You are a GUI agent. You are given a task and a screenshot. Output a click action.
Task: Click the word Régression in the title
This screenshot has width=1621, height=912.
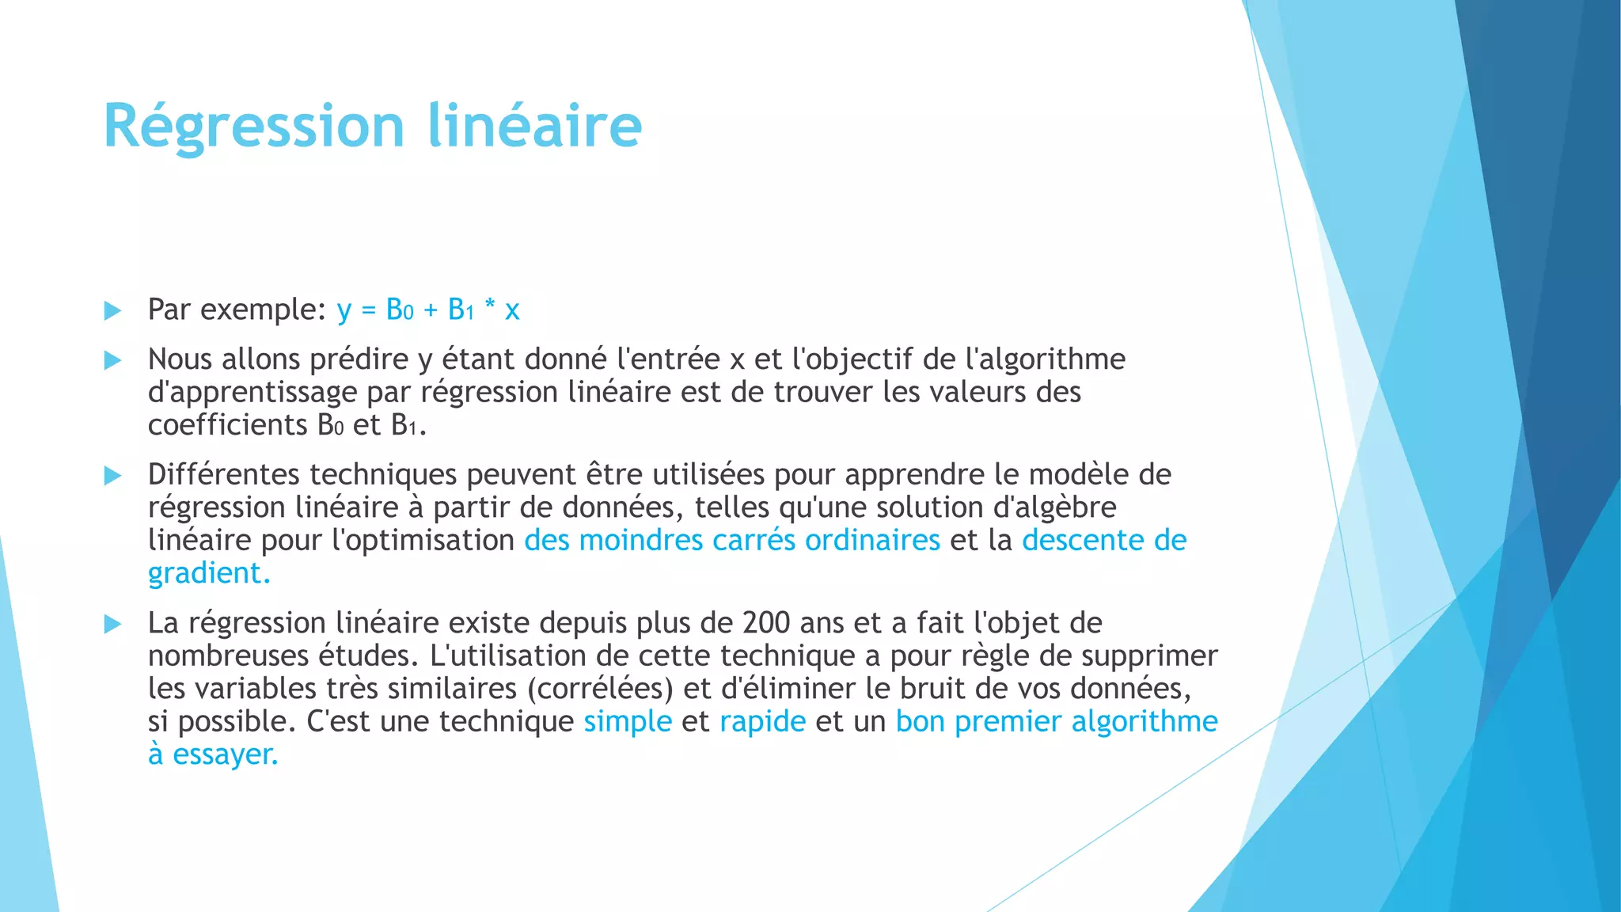point(254,127)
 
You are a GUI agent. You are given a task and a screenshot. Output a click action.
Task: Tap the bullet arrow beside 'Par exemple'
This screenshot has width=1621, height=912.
point(112,310)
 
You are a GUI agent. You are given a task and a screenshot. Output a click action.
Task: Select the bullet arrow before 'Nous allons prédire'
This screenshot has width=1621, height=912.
point(112,361)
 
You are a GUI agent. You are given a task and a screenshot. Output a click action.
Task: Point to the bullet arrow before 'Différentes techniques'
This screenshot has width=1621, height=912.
point(112,476)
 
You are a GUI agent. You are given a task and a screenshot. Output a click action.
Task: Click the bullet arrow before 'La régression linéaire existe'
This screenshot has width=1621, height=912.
point(112,625)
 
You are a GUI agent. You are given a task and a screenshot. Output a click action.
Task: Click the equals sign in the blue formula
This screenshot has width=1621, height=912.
point(368,310)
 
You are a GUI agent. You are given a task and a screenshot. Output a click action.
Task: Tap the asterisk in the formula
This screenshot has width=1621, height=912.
point(490,307)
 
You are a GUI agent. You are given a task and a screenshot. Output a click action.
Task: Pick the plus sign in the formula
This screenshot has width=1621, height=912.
point(431,310)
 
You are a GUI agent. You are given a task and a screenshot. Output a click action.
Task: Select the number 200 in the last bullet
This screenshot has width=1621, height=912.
point(766,623)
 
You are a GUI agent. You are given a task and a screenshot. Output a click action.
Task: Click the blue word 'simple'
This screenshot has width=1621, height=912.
point(628,721)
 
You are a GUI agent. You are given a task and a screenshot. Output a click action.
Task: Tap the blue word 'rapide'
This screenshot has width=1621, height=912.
point(762,721)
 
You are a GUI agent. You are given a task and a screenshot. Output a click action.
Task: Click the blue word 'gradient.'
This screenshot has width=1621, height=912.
point(209,573)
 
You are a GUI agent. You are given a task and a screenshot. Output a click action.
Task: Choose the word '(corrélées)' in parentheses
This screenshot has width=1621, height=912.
point(600,688)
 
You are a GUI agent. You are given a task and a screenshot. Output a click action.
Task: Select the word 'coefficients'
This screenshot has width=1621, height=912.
point(227,425)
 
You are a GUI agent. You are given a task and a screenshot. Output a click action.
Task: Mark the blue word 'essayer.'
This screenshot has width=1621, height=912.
point(226,754)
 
